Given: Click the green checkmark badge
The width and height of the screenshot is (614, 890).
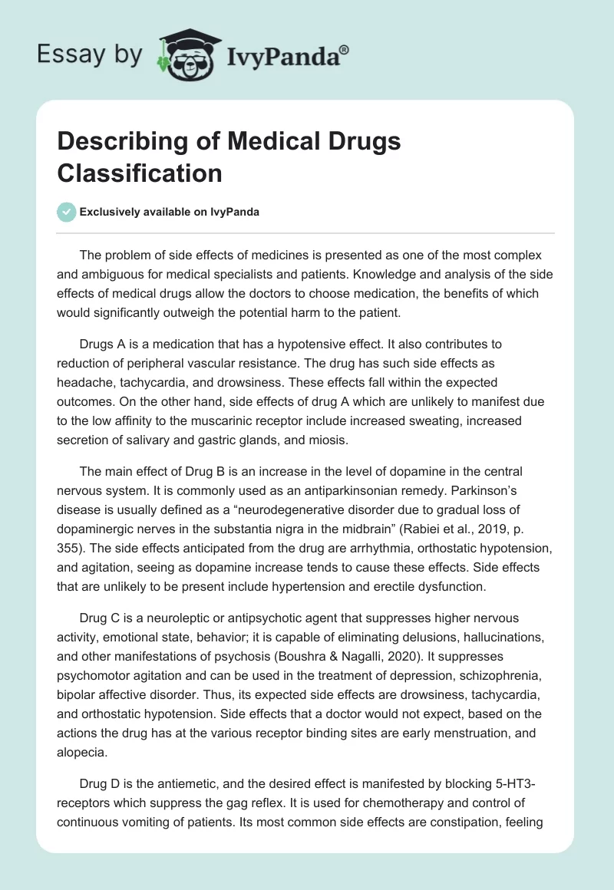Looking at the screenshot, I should pos(66,212).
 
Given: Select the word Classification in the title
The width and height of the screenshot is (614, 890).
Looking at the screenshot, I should pos(140,173).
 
